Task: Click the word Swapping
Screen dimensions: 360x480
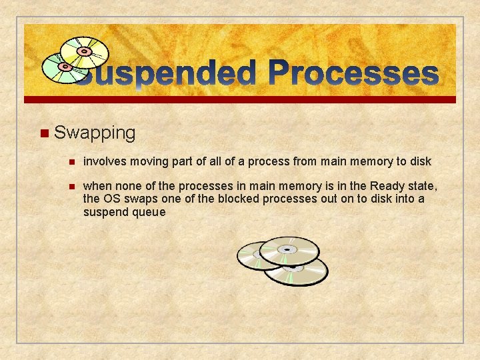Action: coord(95,133)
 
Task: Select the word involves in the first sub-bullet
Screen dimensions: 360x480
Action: coord(106,161)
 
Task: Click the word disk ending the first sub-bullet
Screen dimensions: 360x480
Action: coord(420,161)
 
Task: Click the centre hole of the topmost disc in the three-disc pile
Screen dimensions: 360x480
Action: coord(287,249)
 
